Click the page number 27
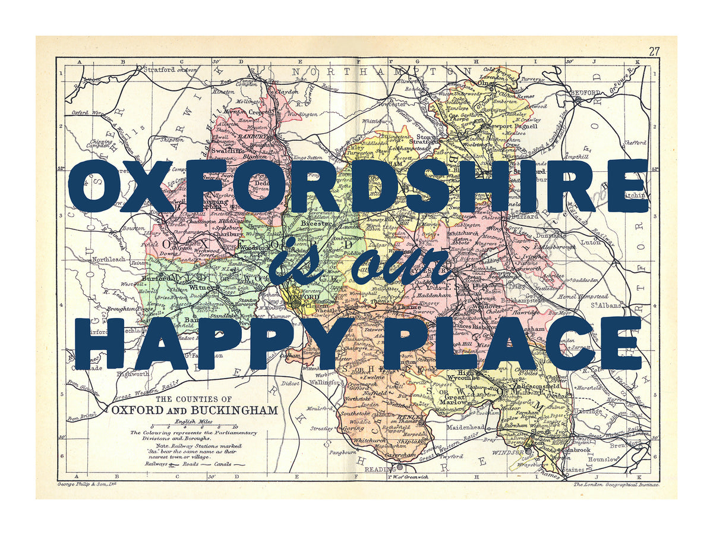click(654, 51)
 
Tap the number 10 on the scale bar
click(235, 427)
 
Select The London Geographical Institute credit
click(616, 485)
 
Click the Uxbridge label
click(594, 411)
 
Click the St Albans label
click(608, 306)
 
